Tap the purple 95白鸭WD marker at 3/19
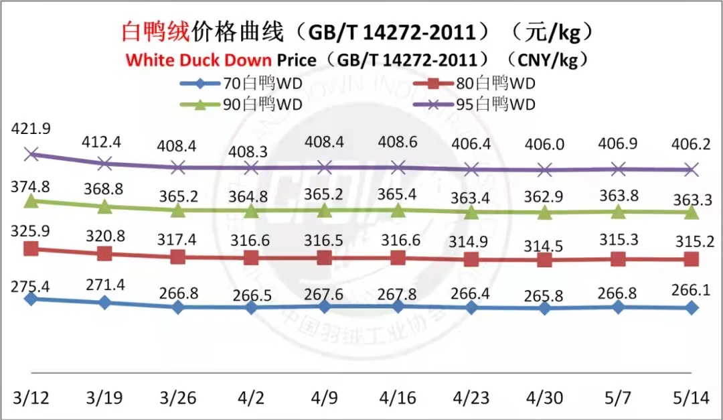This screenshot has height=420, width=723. pos(104,163)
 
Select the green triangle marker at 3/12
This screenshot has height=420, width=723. pos(31,201)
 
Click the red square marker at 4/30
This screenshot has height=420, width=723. pos(545,261)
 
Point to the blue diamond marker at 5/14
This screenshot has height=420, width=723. pos(692,307)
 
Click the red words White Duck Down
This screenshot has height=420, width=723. pos(199,60)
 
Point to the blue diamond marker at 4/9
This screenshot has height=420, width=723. pos(325,306)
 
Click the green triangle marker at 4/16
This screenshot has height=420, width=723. pos(398,210)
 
